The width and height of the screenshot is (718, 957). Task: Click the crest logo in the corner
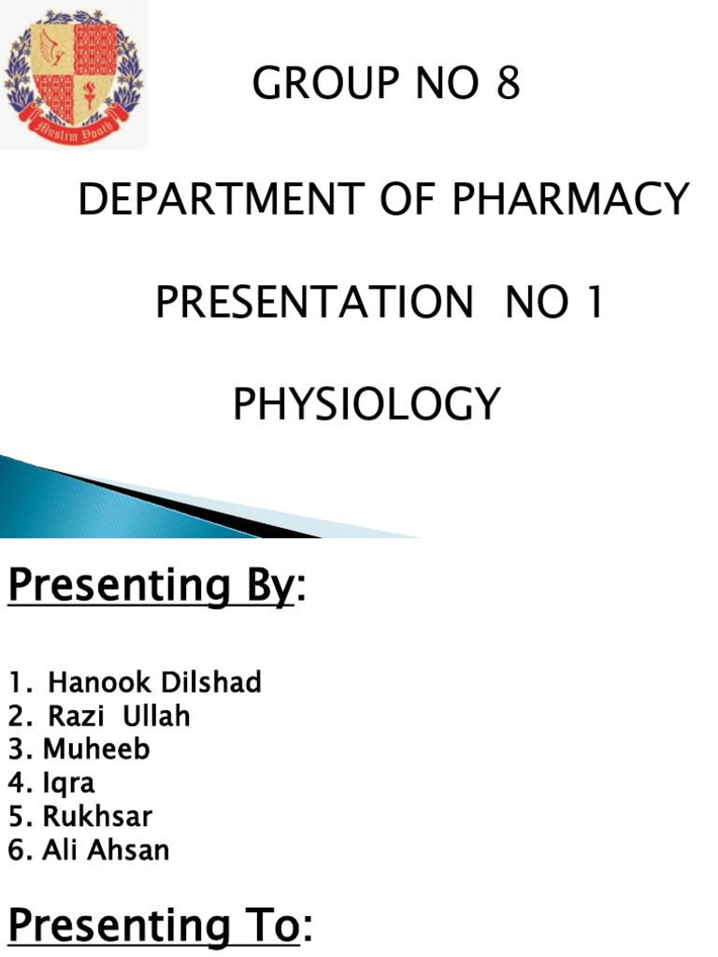click(x=73, y=75)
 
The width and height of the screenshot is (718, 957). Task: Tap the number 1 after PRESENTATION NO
click(x=591, y=303)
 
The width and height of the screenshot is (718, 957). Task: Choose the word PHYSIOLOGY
click(x=366, y=405)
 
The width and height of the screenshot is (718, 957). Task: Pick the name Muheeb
click(x=96, y=750)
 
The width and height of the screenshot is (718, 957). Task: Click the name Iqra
click(x=68, y=783)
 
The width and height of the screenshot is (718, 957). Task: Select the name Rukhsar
click(x=97, y=817)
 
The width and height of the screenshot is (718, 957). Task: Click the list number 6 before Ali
click(x=16, y=850)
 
